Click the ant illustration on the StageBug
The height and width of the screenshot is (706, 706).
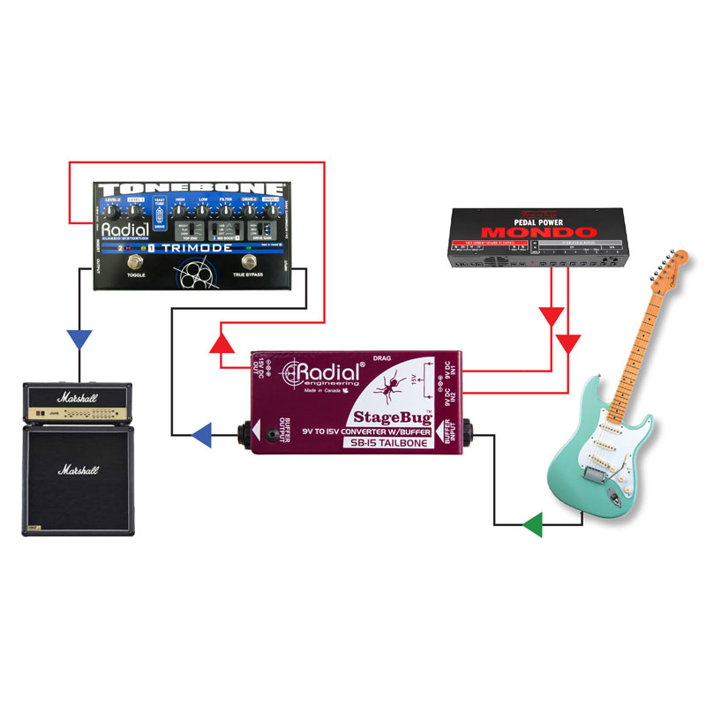pos(388,383)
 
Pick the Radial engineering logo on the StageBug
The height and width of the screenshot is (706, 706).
pos(322,373)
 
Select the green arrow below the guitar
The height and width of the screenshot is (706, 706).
pos(531,527)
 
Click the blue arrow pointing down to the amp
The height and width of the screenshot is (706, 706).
pos(80,339)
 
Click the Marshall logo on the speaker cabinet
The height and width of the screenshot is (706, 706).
pos(79,470)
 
